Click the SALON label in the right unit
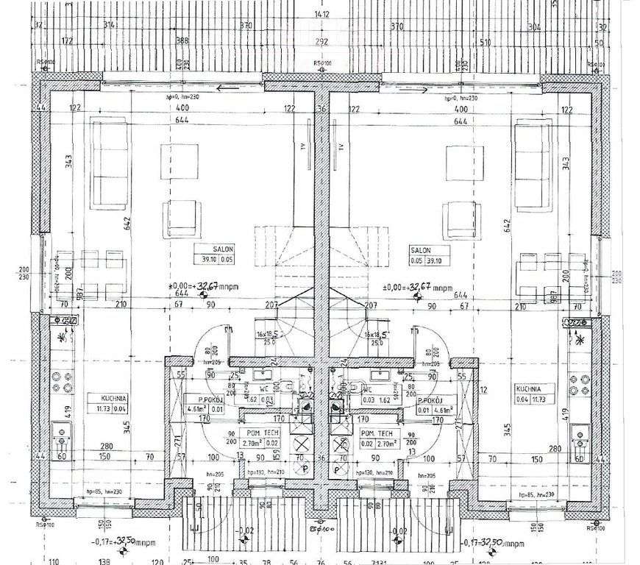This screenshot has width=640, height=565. tap(420, 249)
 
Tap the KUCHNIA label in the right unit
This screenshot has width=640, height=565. tap(528, 388)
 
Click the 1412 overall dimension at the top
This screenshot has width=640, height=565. tap(320, 13)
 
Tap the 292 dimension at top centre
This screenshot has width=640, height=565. tap(321, 42)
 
